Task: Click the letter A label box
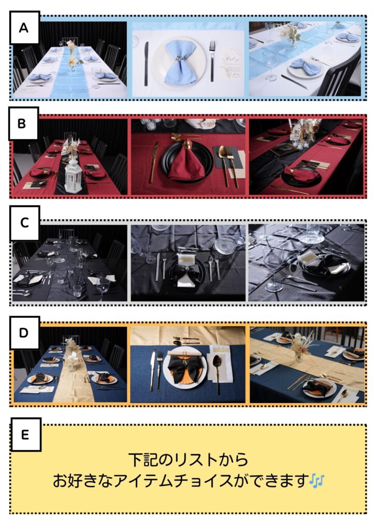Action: [x=24, y=27]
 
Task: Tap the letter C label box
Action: [x=24, y=223]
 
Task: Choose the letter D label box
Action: [x=24, y=333]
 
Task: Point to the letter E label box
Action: [x=26, y=435]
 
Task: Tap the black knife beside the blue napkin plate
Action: [x=147, y=63]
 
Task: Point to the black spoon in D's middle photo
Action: [x=217, y=371]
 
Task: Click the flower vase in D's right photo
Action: [x=299, y=347]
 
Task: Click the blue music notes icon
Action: [x=317, y=481]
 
